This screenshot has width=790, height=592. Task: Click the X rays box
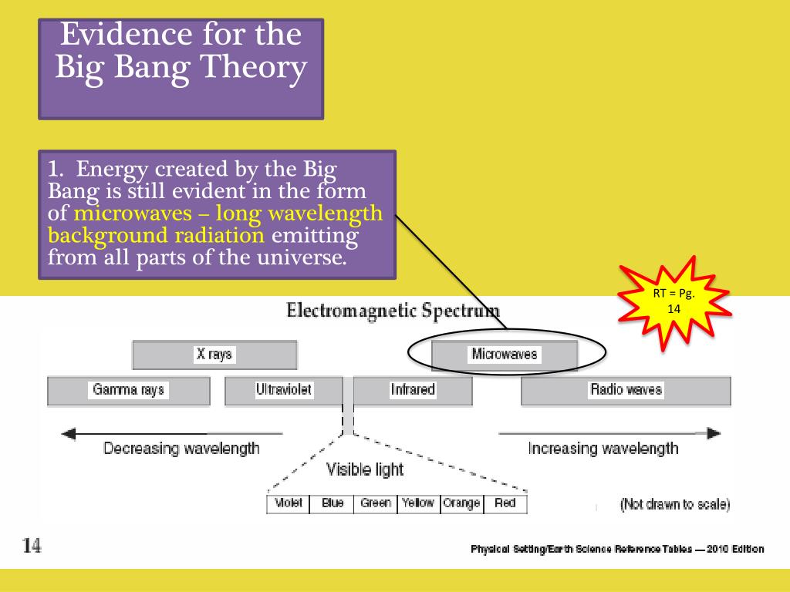coord(214,355)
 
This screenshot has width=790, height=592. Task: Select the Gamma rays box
coord(129,390)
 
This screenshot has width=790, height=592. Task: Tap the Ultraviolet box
coord(284,390)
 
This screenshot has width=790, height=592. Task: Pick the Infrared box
coord(413,390)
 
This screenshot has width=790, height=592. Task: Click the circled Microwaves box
coord(505,355)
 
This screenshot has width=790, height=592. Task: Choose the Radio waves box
coord(626,390)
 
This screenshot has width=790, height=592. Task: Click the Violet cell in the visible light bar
coord(289,504)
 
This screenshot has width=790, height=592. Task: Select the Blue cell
coord(332,504)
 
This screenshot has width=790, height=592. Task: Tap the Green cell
coord(376,504)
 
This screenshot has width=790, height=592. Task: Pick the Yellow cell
coord(418,504)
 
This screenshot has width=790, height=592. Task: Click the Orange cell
coord(461,504)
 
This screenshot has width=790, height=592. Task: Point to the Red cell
coord(505,504)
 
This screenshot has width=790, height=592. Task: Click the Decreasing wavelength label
coord(181,449)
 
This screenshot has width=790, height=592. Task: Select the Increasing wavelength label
coord(603,449)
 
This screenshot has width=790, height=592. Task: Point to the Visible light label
coord(365,469)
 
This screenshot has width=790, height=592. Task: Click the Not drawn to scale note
coord(675,506)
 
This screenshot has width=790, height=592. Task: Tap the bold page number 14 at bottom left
coord(32,547)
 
